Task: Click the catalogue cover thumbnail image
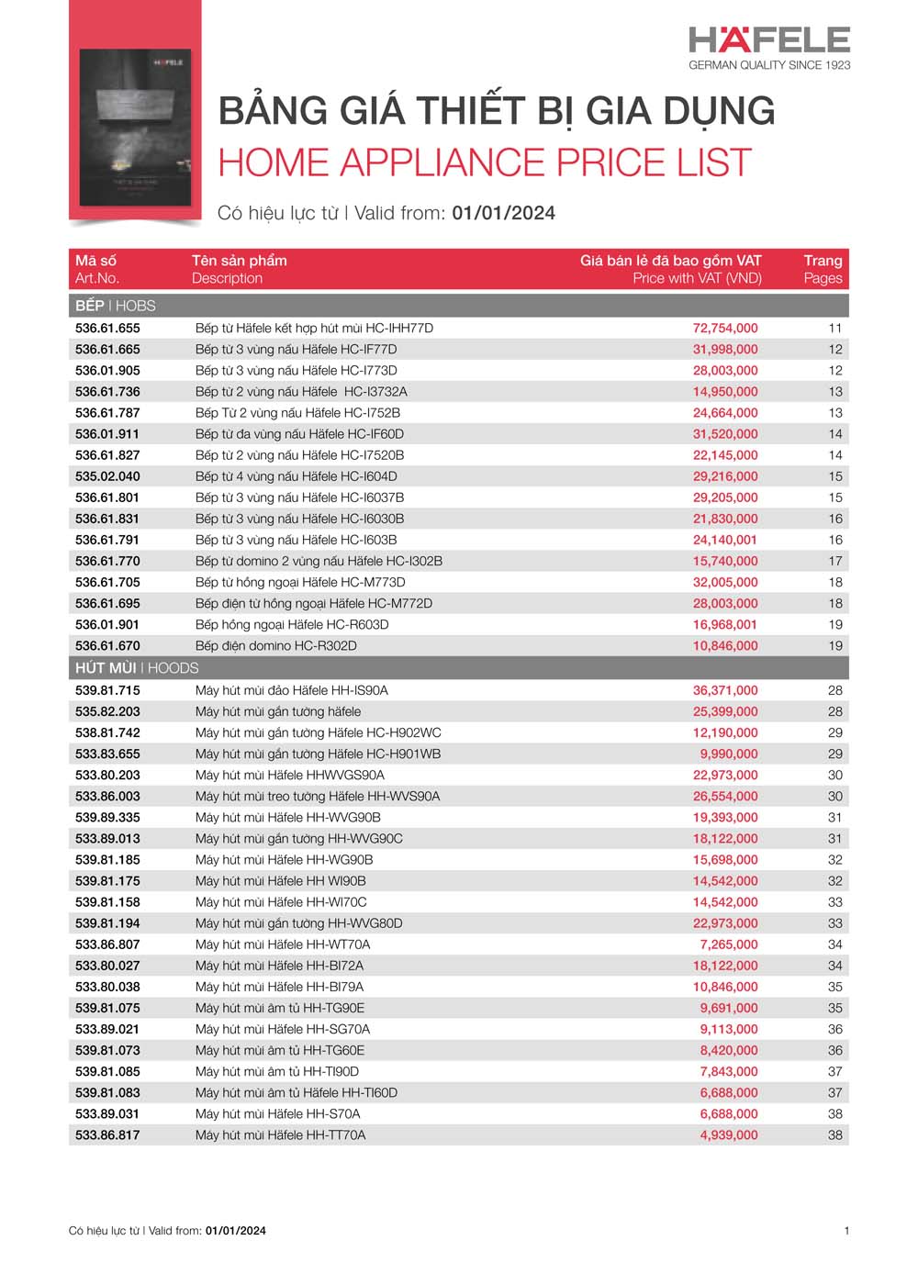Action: [x=135, y=127]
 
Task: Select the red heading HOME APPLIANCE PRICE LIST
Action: [x=485, y=162]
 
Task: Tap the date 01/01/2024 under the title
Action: [x=504, y=213]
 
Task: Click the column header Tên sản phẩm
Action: [x=239, y=261]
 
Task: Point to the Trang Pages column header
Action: [x=823, y=269]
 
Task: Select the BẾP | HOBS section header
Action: [x=116, y=305]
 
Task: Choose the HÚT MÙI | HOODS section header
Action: [x=137, y=667]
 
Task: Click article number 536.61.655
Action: [x=107, y=328]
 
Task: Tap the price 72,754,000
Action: [x=725, y=328]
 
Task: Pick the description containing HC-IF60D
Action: [x=299, y=434]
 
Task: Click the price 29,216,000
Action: [x=725, y=476]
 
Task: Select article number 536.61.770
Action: [x=107, y=561]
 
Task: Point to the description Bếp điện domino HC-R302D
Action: [x=275, y=645]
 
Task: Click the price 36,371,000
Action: [x=725, y=690]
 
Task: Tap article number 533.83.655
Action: [x=107, y=754]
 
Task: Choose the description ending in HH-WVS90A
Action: [x=318, y=796]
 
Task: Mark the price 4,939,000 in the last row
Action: [x=729, y=1134]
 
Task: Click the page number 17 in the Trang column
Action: [x=835, y=561]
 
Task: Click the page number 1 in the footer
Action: [x=846, y=1231]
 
